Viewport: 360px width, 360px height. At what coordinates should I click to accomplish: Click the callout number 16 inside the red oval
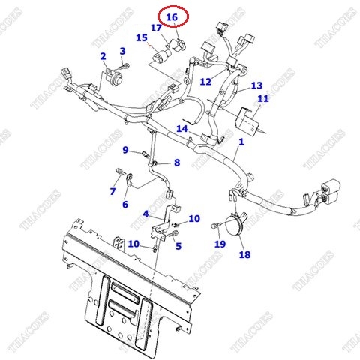click(x=172, y=16)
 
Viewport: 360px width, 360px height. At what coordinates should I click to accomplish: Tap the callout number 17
click(x=157, y=28)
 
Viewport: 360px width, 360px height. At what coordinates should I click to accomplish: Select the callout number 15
click(x=142, y=37)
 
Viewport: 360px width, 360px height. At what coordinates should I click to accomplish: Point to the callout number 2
click(x=103, y=56)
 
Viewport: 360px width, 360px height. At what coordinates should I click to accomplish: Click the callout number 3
click(x=122, y=51)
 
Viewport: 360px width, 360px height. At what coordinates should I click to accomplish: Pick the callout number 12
click(x=205, y=81)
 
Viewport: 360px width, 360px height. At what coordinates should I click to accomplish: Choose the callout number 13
click(x=256, y=85)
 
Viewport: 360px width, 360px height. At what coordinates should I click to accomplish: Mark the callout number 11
click(x=262, y=99)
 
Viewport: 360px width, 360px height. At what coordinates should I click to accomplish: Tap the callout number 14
click(x=181, y=128)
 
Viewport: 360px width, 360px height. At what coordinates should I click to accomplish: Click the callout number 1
click(x=241, y=142)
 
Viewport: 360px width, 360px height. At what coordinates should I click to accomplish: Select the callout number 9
click(x=126, y=150)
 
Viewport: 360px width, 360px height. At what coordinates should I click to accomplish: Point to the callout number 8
click(x=177, y=163)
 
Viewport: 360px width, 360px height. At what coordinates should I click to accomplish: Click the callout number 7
click(x=112, y=192)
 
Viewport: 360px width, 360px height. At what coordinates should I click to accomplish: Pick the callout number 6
click(x=124, y=204)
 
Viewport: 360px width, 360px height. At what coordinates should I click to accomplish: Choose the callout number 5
click(x=178, y=245)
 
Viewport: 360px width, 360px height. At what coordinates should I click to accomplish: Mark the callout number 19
click(x=220, y=244)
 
